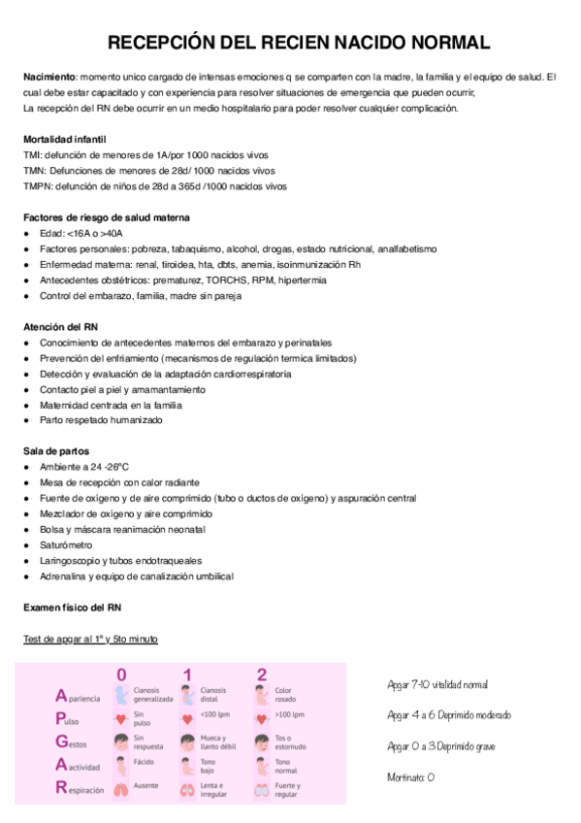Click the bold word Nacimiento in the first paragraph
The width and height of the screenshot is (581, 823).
48,77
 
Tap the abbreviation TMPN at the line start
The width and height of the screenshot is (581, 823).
38,186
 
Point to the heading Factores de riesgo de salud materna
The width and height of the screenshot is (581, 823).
106,218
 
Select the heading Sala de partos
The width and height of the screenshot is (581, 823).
55,451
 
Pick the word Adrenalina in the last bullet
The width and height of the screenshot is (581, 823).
63,576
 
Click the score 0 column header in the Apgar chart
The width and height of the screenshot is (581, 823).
121,675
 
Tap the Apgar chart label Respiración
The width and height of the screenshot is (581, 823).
80,790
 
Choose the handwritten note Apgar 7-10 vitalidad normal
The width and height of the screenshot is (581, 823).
436,685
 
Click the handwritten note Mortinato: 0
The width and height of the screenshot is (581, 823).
410,777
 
